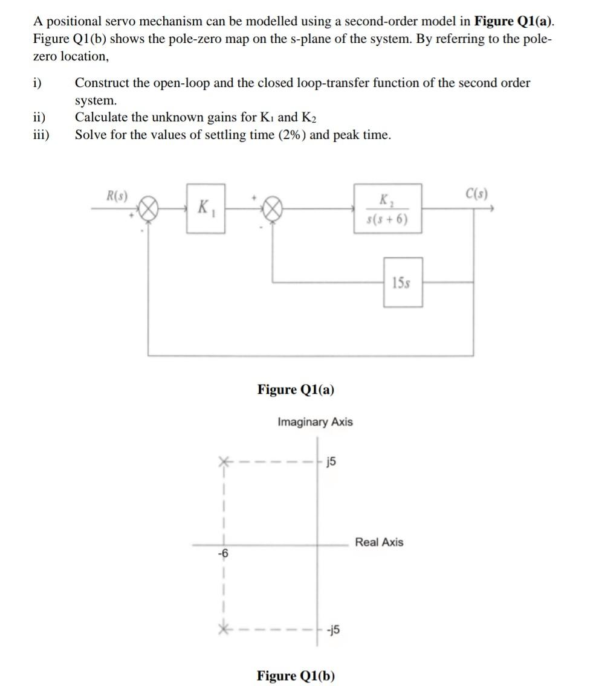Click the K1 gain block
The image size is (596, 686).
[x=206, y=209]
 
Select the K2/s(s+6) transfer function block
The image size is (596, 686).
[x=387, y=209]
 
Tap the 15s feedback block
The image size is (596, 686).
[x=403, y=282]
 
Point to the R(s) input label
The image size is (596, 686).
[x=116, y=195]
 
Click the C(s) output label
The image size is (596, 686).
[x=477, y=194]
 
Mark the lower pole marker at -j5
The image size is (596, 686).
[x=224, y=629]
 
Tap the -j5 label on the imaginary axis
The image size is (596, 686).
[x=332, y=629]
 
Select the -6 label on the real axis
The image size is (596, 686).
[x=224, y=553]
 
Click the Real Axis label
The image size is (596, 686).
[x=379, y=542]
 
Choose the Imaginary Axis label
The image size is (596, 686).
[x=315, y=422]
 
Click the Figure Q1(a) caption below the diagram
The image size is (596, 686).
[x=296, y=389]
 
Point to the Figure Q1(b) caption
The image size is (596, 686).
[x=296, y=675]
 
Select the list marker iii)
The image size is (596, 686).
[x=42, y=135]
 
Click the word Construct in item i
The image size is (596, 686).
[x=101, y=83]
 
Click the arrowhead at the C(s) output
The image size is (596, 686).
[x=493, y=209]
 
